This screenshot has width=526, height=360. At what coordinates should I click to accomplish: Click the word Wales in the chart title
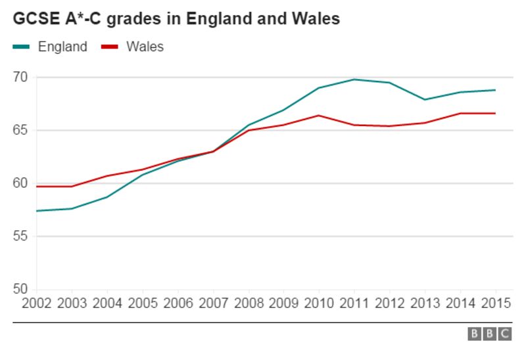314,19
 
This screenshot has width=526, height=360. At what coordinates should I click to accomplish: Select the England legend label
62,47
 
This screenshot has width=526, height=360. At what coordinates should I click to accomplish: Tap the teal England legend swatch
22,47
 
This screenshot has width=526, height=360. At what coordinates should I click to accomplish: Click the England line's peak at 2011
354,79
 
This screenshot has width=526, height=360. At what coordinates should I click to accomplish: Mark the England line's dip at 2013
425,100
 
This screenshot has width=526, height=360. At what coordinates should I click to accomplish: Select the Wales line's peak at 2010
319,116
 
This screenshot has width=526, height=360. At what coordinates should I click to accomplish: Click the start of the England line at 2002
37,211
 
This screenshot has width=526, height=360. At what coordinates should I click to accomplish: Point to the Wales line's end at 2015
495,113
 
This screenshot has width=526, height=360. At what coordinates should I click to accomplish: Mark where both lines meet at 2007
212,151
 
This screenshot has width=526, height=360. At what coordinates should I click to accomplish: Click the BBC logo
489,334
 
